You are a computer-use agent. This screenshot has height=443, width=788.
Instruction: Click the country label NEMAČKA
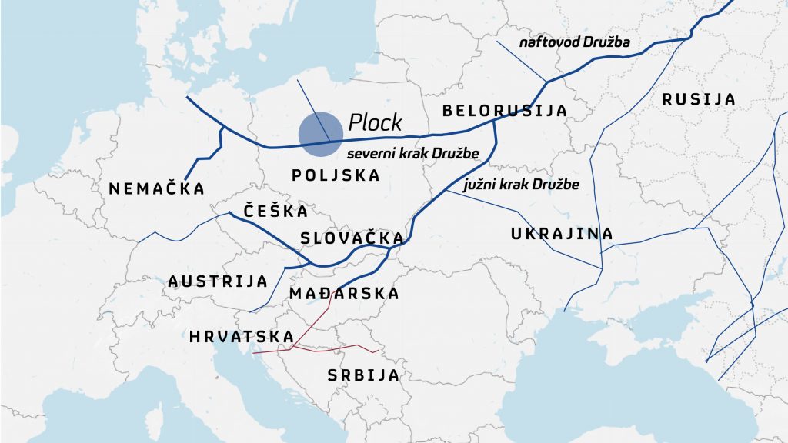click(x=157, y=188)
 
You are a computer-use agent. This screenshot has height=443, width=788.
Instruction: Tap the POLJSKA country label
click(x=336, y=175)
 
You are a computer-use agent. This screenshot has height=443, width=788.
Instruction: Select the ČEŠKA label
click(x=275, y=211)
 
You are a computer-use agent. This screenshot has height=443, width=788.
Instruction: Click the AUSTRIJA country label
click(x=218, y=281)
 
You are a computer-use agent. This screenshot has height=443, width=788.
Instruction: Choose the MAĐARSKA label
click(x=344, y=293)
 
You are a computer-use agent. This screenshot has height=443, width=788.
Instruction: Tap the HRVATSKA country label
click(x=242, y=337)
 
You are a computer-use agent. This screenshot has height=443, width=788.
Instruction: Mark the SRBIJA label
click(x=363, y=376)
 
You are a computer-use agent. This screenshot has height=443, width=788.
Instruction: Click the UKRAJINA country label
click(x=562, y=234)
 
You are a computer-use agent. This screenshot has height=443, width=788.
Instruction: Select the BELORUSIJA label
click(x=504, y=111)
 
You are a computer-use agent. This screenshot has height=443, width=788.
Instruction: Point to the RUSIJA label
click(x=698, y=99)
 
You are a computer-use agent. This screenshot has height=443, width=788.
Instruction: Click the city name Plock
click(x=375, y=122)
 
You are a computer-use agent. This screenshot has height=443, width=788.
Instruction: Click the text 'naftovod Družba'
click(x=574, y=42)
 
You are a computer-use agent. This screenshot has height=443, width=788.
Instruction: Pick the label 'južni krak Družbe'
click(x=521, y=185)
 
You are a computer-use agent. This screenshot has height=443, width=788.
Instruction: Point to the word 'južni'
click(x=480, y=185)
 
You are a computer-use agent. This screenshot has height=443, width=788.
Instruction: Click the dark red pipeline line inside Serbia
click(x=346, y=349)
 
